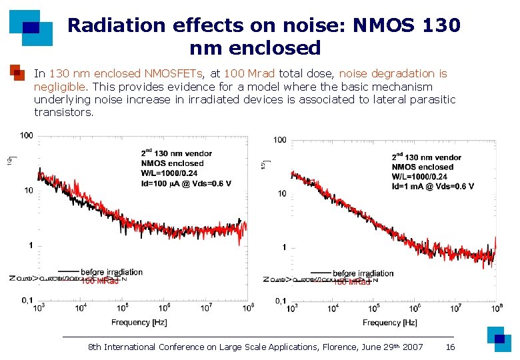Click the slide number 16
pos(450,347)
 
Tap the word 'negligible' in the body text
pos(59,87)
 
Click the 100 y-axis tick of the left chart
pos(27,135)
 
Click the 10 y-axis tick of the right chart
pos(282,193)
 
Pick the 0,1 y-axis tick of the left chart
pos(26,301)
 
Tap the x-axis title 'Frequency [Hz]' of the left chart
pos(139,323)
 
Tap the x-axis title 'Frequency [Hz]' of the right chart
pos(390,323)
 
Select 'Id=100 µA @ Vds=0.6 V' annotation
pos(186,183)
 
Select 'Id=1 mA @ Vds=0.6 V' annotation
pos(433,186)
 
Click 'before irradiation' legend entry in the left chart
pos(111,272)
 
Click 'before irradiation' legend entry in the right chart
pos(363,273)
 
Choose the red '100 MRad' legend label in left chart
pos(100,281)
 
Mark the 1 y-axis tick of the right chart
pos(285,247)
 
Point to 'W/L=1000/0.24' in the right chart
pos(419,177)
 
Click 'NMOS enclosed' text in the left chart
pos(172,163)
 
